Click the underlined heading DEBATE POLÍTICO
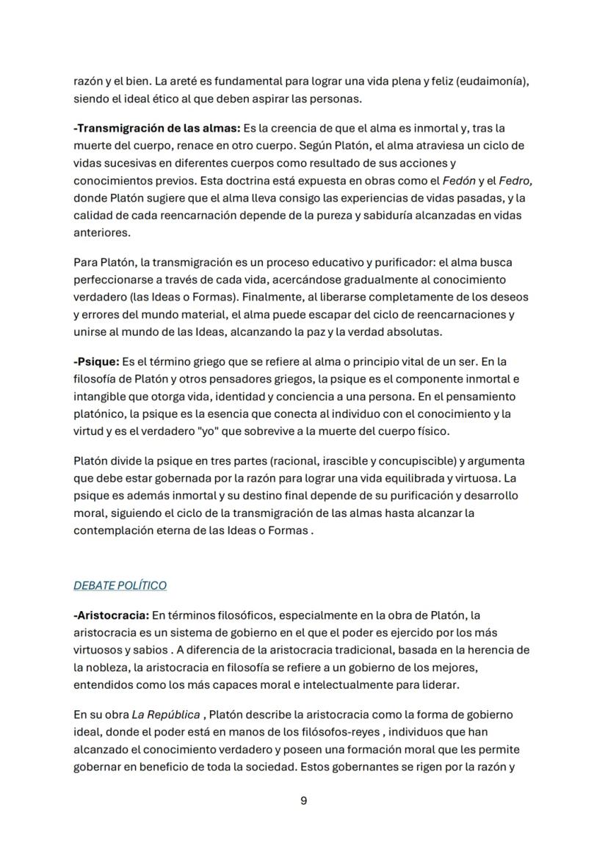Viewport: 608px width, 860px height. coord(120,585)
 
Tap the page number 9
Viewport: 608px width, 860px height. coord(304,801)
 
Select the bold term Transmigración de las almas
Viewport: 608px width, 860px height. coord(156,128)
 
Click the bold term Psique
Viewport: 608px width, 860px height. coord(95,361)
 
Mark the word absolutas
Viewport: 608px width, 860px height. coord(413,331)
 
